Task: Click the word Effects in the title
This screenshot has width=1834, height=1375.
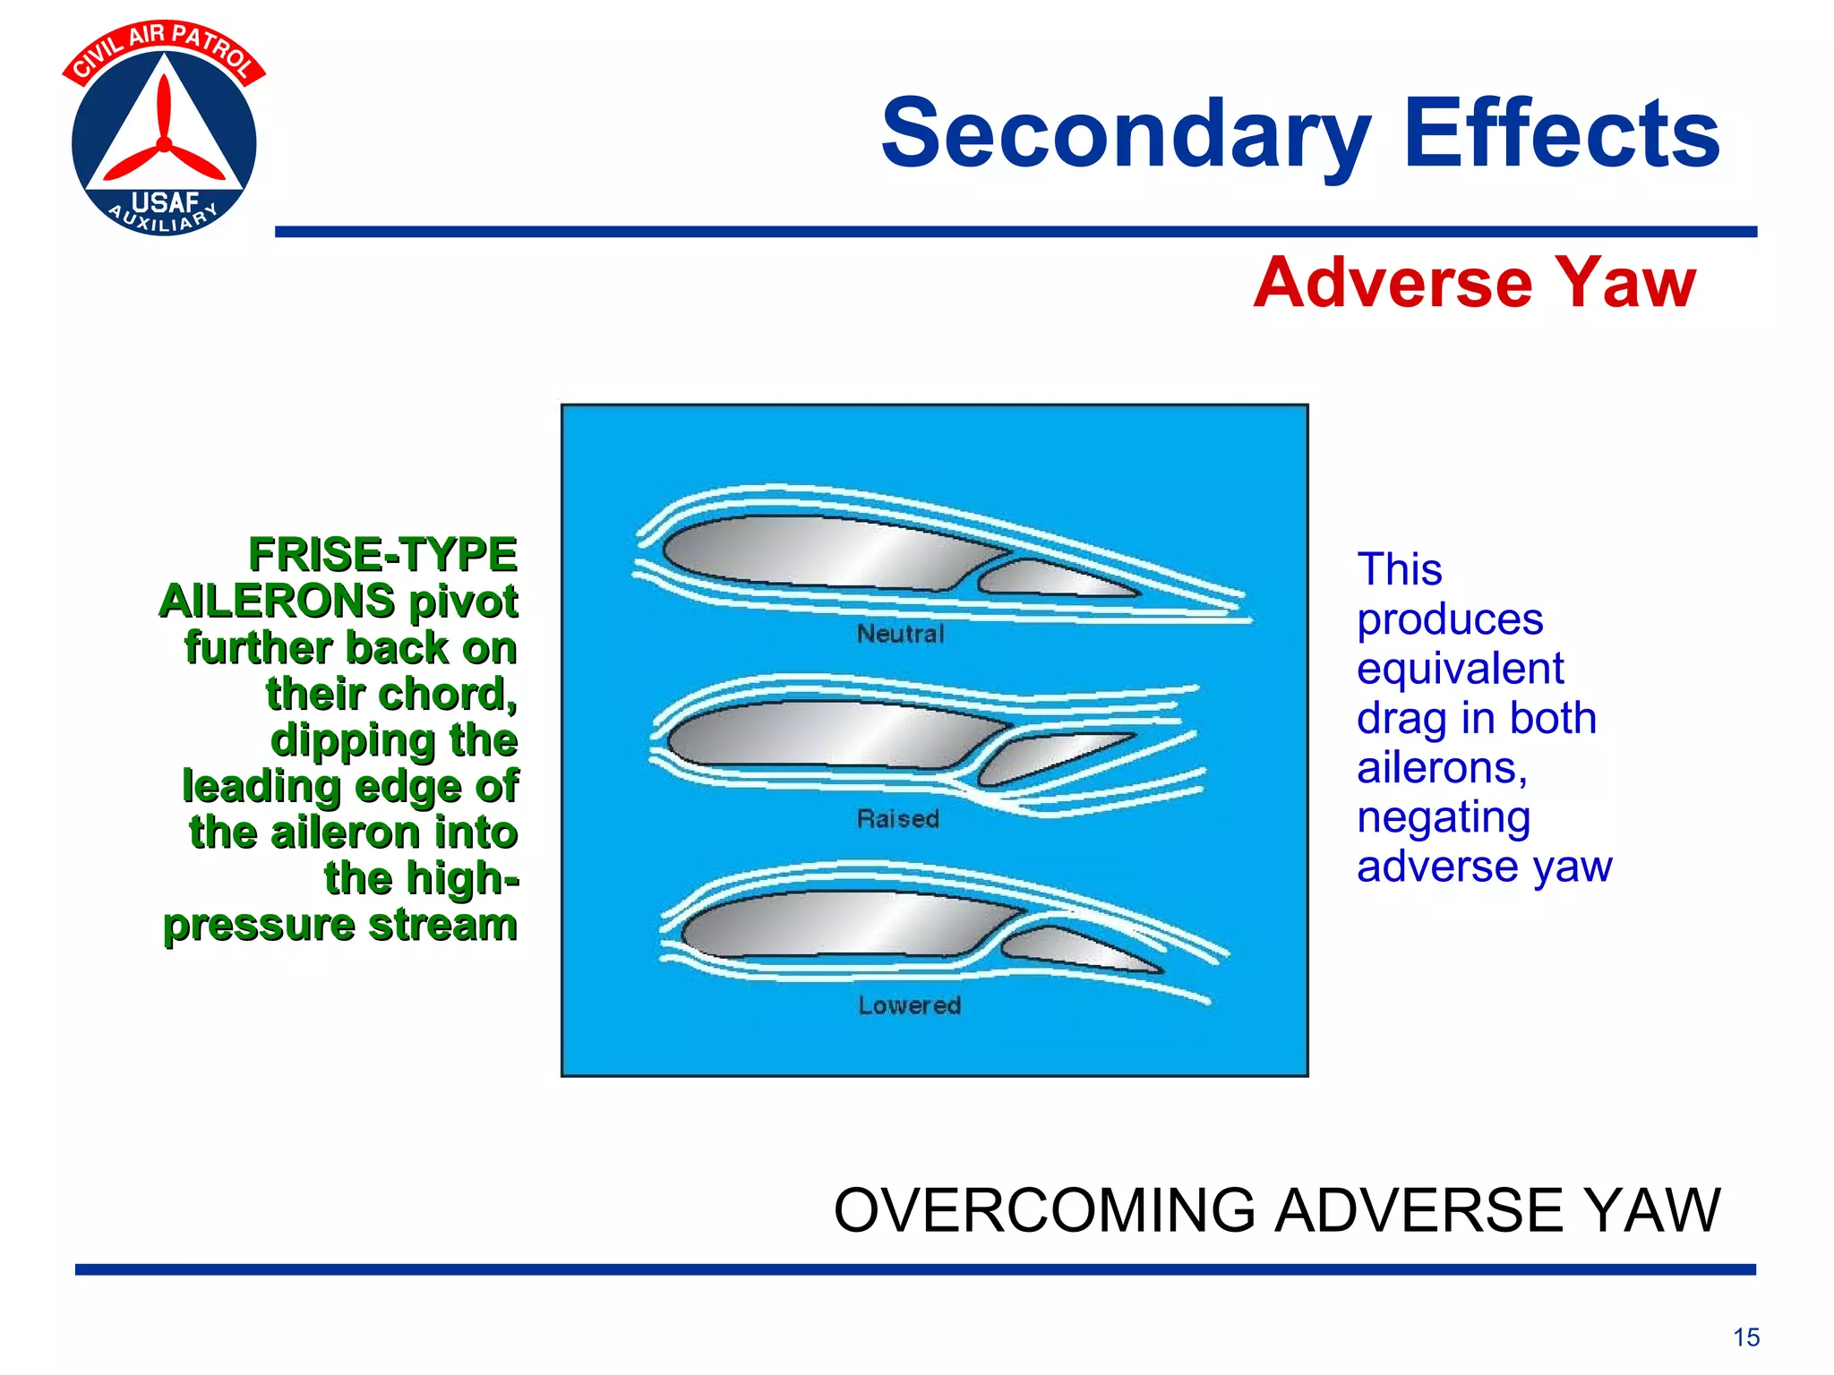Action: [1562, 134]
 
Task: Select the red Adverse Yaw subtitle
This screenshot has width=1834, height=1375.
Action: [1474, 283]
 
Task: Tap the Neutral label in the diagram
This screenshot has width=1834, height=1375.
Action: [900, 634]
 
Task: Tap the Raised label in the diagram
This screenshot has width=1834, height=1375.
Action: [897, 818]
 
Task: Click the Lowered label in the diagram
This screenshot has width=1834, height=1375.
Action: [909, 1005]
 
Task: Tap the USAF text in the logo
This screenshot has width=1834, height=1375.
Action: [164, 202]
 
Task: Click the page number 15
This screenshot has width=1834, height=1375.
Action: [1745, 1337]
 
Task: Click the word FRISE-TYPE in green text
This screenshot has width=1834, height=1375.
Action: [382, 554]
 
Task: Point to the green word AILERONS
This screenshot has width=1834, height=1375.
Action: [277, 601]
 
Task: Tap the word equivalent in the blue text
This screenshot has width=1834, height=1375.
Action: [1460, 669]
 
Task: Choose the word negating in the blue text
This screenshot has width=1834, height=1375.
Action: [1443, 816]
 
